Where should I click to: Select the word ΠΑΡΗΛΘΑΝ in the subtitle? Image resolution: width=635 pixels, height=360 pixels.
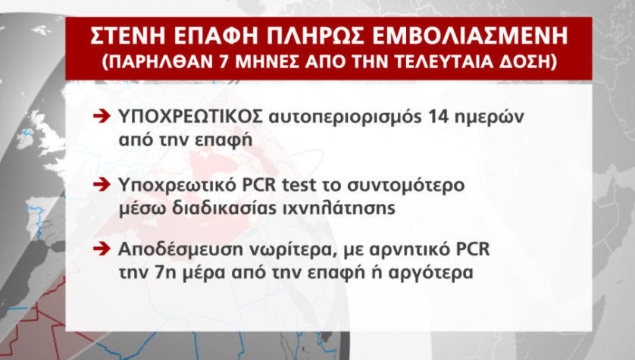coord(161,61)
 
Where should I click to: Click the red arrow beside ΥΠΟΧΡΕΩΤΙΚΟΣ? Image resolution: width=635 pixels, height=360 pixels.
coord(102,117)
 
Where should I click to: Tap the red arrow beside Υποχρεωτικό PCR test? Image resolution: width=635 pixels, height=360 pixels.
coord(102,185)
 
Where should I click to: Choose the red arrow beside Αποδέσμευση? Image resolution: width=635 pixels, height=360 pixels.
coord(102,249)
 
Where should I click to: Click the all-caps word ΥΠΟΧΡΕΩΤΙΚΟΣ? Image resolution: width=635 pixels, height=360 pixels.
coord(191,117)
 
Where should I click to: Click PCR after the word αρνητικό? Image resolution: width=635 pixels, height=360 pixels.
coord(473,249)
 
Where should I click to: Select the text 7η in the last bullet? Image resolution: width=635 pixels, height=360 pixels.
coord(165,273)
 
